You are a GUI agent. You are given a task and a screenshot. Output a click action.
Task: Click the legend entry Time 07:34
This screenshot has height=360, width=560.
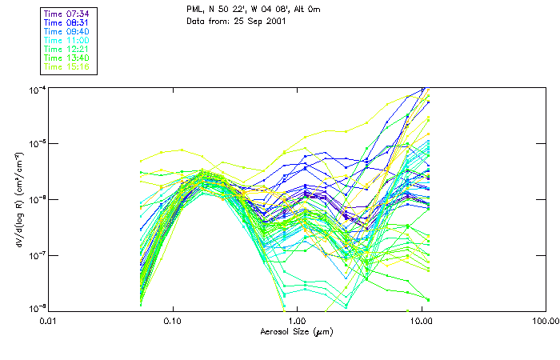pos(68,14)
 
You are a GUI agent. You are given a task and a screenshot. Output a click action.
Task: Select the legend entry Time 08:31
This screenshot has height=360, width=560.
pos(68,22)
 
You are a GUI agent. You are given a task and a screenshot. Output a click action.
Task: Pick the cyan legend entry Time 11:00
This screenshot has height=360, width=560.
pos(68,40)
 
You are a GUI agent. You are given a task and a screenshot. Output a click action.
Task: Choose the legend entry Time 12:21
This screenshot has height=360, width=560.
pos(68,49)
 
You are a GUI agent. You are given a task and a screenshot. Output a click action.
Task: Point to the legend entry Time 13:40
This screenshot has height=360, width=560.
pos(68,58)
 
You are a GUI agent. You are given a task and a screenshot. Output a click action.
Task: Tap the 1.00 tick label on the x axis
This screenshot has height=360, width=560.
pos(297,321)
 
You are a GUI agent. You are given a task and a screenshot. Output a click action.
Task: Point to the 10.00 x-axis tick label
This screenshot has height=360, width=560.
pos(421,321)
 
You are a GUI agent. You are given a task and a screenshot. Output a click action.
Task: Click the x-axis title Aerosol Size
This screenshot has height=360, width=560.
pos(296,331)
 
